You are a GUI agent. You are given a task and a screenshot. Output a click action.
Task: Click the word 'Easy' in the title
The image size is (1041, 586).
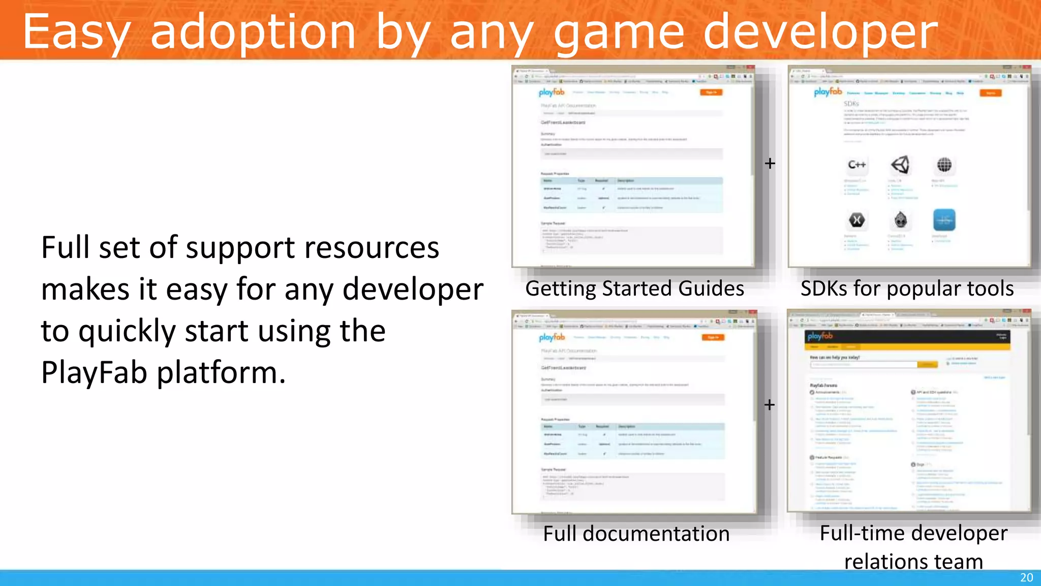76,33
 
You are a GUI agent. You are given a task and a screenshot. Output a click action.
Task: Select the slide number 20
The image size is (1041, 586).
1026,577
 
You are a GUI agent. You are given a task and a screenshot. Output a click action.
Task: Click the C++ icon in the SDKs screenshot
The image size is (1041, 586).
856,165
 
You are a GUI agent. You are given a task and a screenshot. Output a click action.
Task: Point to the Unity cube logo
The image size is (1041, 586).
900,165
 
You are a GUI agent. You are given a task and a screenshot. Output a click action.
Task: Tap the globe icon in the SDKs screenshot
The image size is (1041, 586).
944,165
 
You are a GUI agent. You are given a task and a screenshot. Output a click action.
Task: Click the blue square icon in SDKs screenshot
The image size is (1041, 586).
944,220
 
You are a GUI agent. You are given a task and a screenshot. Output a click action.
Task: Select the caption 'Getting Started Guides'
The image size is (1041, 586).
634,288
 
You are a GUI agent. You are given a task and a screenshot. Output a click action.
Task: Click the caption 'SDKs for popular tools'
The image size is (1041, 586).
907,288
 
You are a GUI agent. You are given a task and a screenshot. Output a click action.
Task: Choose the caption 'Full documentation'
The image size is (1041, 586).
636,534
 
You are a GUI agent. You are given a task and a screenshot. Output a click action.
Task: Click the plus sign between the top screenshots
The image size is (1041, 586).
770,163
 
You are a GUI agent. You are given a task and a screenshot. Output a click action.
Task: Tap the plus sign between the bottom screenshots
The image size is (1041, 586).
770,405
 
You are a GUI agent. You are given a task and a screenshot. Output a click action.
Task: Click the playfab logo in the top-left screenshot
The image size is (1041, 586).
552,92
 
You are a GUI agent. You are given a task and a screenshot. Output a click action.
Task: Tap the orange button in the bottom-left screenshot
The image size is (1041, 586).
713,337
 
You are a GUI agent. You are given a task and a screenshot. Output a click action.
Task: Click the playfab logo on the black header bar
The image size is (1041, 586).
819,336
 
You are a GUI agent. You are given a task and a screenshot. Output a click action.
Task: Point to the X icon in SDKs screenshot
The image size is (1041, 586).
856,220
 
